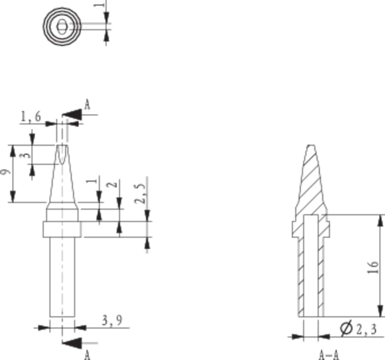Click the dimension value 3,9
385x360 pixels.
(x=112, y=321)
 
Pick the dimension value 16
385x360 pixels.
(x=373, y=266)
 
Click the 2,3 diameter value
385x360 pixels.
(x=366, y=329)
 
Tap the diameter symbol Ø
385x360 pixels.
(x=346, y=329)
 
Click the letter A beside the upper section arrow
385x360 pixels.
(x=87, y=104)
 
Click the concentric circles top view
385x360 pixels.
(x=62, y=26)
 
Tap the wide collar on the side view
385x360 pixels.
(x=62, y=229)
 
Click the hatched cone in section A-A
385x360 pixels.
(x=311, y=181)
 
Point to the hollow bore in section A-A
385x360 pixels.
(x=311, y=265)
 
